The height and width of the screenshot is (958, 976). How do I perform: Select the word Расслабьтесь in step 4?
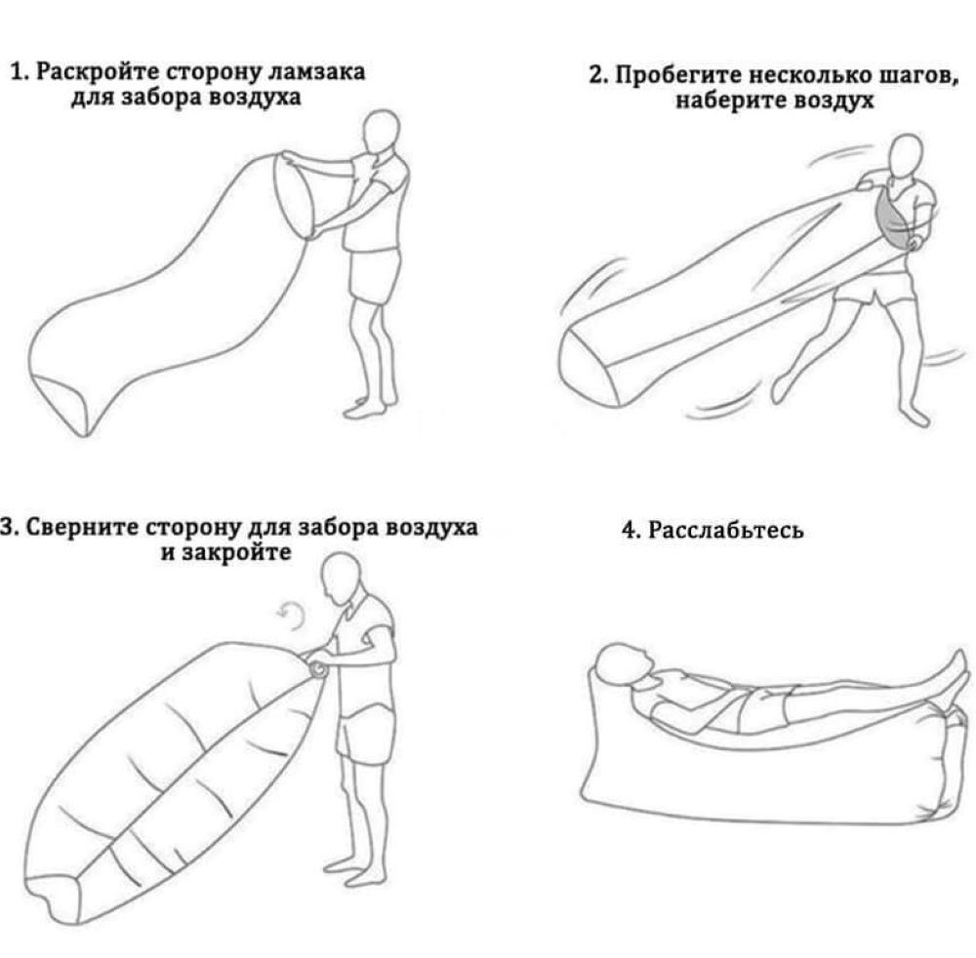click(726, 530)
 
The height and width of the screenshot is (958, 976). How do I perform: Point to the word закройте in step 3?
click(235, 552)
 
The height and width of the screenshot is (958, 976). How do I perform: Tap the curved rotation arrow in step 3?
click(291, 617)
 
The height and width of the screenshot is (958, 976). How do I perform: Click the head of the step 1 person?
click(381, 132)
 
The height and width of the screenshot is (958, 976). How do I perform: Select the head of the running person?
click(907, 156)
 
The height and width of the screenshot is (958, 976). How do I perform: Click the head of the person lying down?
click(625, 664)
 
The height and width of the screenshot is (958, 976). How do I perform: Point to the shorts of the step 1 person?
click(372, 275)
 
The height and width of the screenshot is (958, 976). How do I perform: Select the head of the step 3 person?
click(341, 579)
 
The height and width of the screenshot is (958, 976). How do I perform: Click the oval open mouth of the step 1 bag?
click(293, 195)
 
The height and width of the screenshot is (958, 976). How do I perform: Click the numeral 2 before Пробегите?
click(596, 75)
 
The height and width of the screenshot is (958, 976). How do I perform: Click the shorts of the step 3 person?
click(365, 731)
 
